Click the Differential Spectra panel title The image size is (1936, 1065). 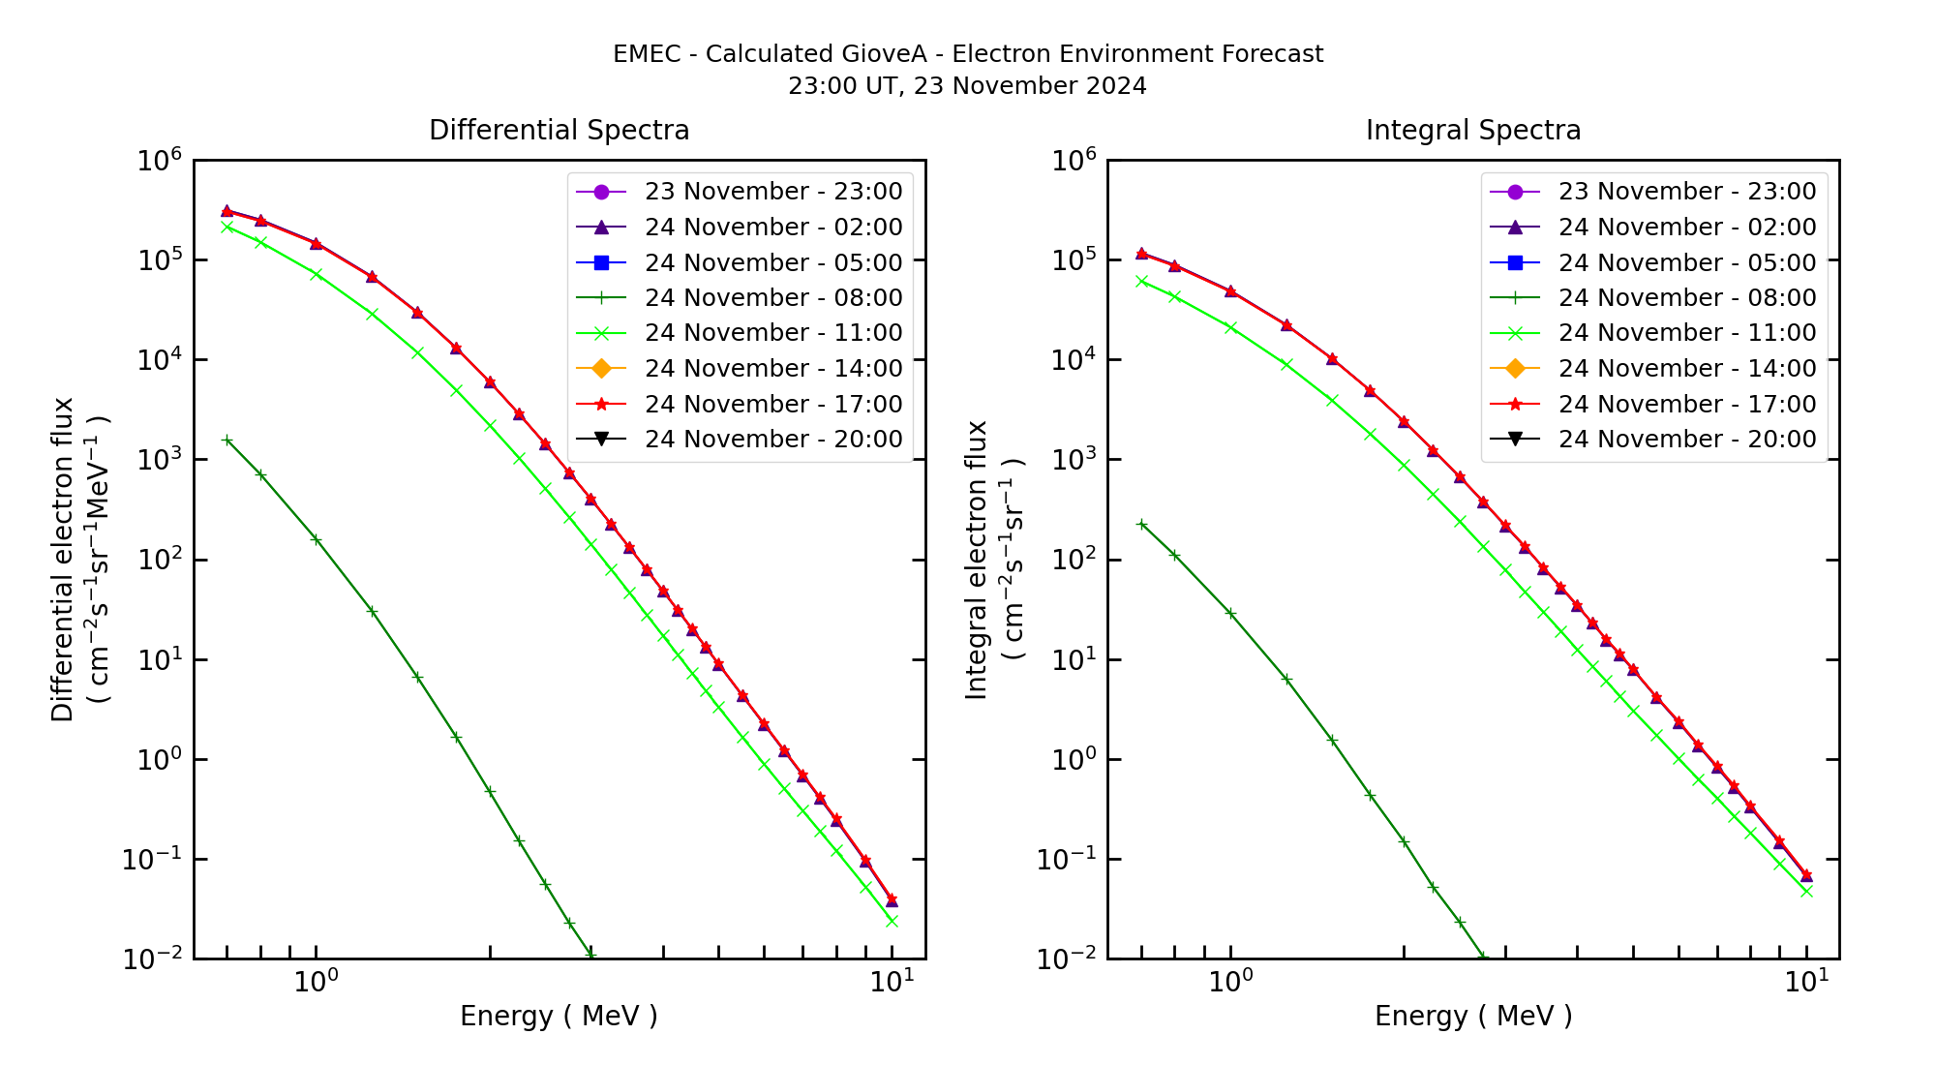pos(559,130)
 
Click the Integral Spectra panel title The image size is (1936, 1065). pos(1472,130)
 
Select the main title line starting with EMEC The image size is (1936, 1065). pos(967,54)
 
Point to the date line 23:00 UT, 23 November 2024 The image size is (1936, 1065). pos(967,86)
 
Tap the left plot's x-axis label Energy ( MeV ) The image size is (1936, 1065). pos(559,1016)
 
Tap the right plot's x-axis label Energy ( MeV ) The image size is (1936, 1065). pos(1472,1016)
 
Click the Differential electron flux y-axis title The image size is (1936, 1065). pos(62,559)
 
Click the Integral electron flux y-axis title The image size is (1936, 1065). pos(976,559)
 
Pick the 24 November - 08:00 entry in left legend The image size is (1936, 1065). pos(772,298)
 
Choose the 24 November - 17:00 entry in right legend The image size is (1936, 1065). pos(1686,404)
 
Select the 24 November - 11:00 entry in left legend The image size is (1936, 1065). pos(772,333)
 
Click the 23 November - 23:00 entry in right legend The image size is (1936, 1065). pos(1686,192)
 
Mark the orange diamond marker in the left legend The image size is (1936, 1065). pos(601,369)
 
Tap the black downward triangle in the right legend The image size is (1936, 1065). pos(1515,440)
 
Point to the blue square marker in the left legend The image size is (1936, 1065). pos(601,262)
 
